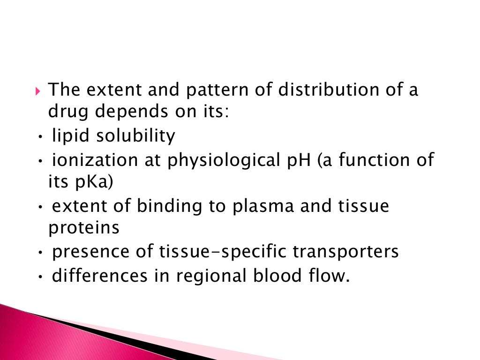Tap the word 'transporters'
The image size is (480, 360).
(x=346, y=252)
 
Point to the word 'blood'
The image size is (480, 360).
(x=276, y=275)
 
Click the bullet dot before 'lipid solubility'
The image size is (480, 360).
(x=41, y=137)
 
